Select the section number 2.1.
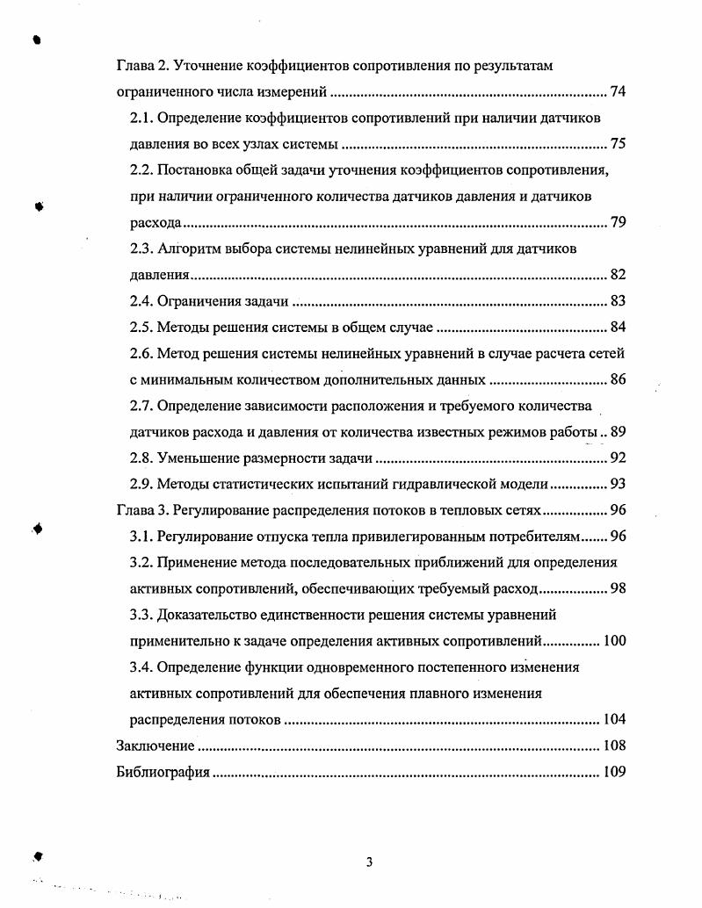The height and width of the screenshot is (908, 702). click(141, 118)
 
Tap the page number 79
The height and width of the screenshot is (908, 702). click(617, 222)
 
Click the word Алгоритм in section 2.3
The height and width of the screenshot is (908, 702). click(192, 249)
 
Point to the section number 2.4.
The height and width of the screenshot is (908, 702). click(141, 301)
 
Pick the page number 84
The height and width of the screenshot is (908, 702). click(617, 328)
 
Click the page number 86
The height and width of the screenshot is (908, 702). click(617, 379)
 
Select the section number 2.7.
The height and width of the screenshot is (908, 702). click(141, 406)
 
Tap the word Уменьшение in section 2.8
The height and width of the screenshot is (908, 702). click(199, 458)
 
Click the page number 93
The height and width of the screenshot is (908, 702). click(617, 484)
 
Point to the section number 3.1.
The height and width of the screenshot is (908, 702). click(141, 537)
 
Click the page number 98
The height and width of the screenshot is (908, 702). click(617, 588)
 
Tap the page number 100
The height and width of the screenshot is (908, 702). click(614, 641)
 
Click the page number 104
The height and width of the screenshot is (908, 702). click(614, 719)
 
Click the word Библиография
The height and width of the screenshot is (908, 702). click(163, 772)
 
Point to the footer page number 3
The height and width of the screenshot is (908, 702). click(369, 861)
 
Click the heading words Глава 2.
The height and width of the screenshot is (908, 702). click(139, 66)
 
